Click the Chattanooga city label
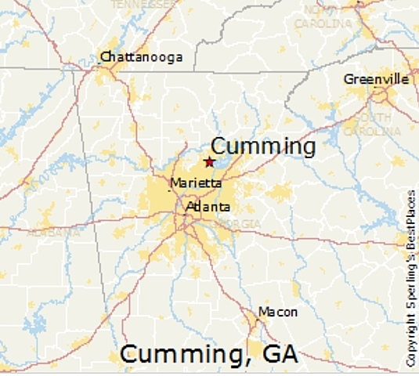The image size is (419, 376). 141,56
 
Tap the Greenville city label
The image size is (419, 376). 376,78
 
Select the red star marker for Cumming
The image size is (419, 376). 209,161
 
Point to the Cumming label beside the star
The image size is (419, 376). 263,146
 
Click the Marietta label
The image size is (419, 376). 195,183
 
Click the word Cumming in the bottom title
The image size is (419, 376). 180,354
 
